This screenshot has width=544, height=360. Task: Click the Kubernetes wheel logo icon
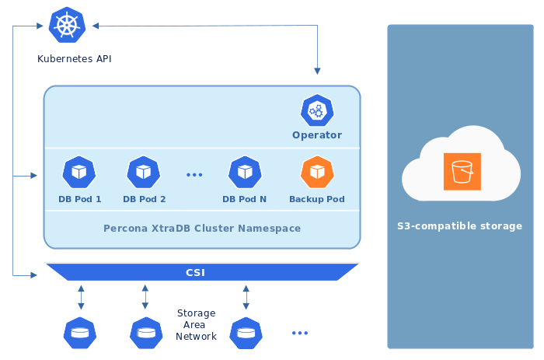pos(67,25)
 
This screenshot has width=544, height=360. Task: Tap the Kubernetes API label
pos(75,58)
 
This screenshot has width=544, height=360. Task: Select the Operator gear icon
pos(316,111)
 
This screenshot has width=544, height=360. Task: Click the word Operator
pos(316,135)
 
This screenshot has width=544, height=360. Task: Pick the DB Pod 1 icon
pos(79,173)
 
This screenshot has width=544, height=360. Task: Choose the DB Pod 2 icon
pos(144,173)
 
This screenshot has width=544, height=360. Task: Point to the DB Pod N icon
pos(245,173)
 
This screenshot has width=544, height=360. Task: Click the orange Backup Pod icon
pos(316,173)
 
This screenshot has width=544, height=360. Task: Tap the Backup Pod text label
pos(316,199)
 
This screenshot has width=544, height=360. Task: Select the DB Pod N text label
pos(244,199)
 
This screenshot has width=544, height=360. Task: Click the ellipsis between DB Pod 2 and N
pos(194,175)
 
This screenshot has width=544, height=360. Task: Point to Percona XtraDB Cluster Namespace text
pos(202,229)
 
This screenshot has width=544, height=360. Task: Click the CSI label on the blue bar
pos(196,273)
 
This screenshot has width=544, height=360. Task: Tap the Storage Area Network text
pos(196,325)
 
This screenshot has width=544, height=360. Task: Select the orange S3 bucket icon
pos(462,172)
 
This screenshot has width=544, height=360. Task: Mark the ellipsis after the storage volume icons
pos(300,333)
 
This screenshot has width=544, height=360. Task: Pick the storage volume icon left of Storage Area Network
pos(145,333)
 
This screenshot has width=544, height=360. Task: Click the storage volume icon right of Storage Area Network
pos(246,333)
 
